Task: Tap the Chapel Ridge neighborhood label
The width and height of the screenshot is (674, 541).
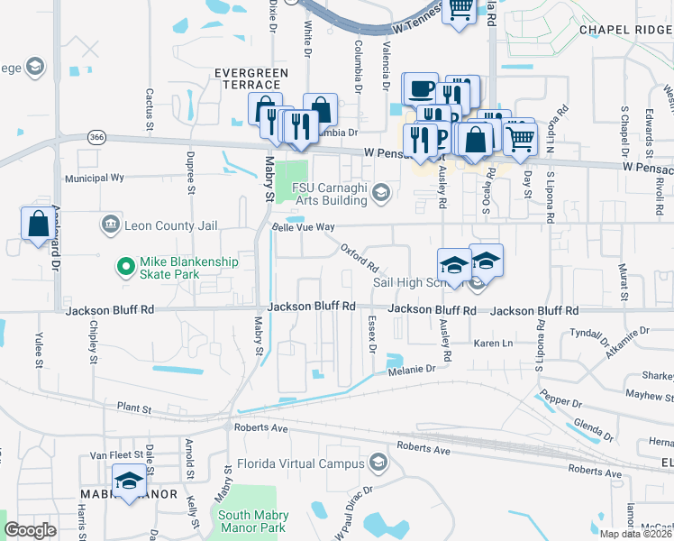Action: point(625,30)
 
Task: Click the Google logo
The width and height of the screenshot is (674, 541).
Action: point(30,530)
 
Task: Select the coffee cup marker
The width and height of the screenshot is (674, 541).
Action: point(421,89)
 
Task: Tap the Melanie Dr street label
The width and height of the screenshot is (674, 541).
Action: point(412,370)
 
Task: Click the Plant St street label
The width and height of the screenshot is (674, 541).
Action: point(134,408)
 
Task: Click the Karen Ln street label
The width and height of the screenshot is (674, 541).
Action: point(493,344)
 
